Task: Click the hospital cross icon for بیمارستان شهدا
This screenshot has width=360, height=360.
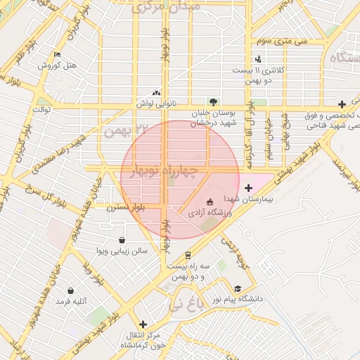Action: (x=247, y=188)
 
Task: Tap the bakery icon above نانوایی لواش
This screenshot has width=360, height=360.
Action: (x=156, y=92)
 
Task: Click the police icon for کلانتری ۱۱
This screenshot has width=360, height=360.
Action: (x=259, y=59)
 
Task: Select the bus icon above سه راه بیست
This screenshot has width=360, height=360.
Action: (x=188, y=255)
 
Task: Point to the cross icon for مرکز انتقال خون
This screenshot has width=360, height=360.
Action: (x=143, y=324)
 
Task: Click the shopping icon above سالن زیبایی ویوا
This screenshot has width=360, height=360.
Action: (x=122, y=240)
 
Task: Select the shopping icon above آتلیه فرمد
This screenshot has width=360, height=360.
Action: (x=70, y=290)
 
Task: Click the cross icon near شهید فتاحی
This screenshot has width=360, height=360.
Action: (x=342, y=104)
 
